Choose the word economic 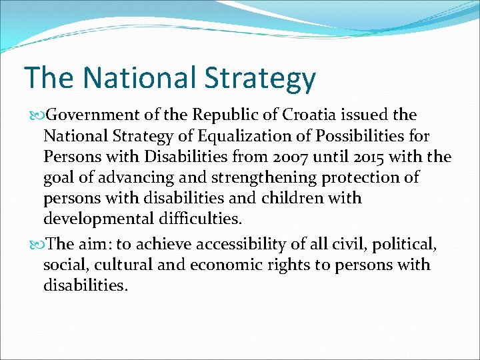222,265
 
